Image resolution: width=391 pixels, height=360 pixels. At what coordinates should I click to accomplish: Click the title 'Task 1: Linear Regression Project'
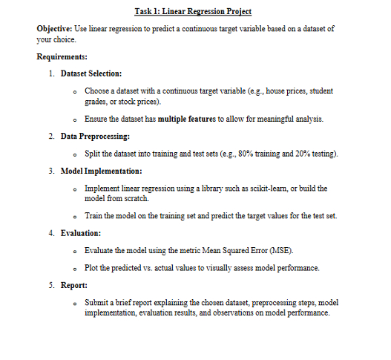(x=194, y=11)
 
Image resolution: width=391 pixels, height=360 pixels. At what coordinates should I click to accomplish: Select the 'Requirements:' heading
(x=63, y=56)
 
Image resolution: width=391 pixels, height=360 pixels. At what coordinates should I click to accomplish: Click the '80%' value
(x=259, y=154)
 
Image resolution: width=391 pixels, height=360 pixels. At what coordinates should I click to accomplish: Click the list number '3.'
(x=50, y=171)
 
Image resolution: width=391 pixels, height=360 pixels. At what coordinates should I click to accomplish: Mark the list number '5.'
(x=50, y=284)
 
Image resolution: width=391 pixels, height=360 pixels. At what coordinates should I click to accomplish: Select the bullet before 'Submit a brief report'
(x=76, y=302)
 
